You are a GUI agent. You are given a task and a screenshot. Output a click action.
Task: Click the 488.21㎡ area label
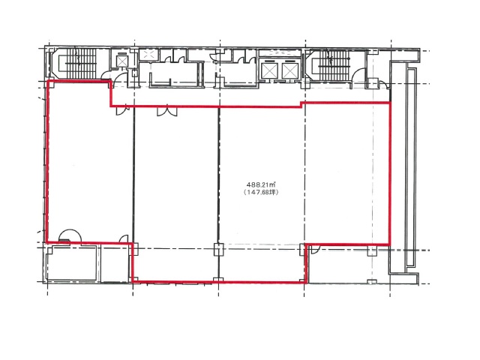(x=262, y=185)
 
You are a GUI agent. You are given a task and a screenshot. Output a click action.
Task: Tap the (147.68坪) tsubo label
(x=262, y=193)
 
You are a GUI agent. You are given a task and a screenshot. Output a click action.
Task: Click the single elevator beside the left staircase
(x=121, y=61)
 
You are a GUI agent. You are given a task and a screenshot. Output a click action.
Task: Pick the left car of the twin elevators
(x=268, y=70)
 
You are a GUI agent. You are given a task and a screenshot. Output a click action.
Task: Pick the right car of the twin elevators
(x=289, y=70)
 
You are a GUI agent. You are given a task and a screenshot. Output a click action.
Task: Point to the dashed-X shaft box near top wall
(x=148, y=55)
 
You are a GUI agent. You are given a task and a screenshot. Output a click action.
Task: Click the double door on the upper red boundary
(x=166, y=111)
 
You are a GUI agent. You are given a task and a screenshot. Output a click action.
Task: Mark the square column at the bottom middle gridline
(x=218, y=249)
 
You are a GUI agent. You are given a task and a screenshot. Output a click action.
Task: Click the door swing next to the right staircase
(x=358, y=76)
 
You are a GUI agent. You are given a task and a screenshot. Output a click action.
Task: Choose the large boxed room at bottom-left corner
(x=72, y=262)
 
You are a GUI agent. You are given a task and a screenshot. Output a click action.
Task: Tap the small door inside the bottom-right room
(x=313, y=250)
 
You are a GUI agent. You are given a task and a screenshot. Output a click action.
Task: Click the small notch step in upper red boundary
(x=301, y=104)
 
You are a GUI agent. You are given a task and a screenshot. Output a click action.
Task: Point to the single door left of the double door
(x=120, y=110)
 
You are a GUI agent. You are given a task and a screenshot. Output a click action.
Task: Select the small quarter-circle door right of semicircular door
(x=124, y=239)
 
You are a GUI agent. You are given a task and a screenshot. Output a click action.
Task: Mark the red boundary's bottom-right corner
(x=390, y=244)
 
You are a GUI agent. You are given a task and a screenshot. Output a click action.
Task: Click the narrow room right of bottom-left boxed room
(x=115, y=263)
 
